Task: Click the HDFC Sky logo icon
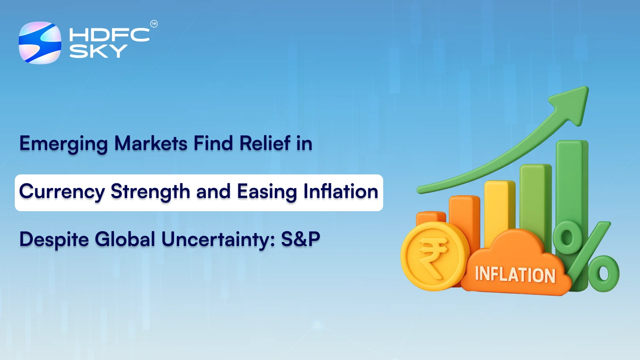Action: [40, 43]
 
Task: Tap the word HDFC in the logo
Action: [109, 35]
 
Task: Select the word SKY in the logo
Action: [98, 51]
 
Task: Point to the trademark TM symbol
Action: [154, 24]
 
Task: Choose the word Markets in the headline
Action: [151, 143]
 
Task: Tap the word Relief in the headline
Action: [265, 143]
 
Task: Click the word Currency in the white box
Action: [62, 192]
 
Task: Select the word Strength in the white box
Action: [150, 192]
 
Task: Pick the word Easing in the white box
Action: [267, 192]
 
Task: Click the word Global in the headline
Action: [125, 239]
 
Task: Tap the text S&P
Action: [300, 239]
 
